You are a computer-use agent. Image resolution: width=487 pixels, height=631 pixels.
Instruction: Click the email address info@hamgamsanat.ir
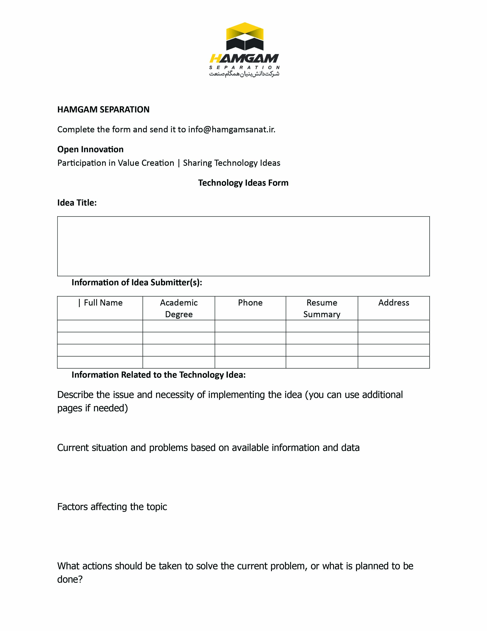coord(231,129)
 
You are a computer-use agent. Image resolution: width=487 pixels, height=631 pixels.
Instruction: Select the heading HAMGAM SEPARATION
coord(103,110)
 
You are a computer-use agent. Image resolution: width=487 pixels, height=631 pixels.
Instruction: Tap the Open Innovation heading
coord(90,149)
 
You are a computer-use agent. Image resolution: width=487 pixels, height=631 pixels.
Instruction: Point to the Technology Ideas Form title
coord(243,183)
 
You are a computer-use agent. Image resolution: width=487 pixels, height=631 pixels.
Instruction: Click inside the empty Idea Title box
coord(243,246)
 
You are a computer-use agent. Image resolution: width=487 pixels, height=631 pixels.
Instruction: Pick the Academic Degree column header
coord(179,308)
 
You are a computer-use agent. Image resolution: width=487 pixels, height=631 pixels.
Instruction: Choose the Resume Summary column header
coord(322,308)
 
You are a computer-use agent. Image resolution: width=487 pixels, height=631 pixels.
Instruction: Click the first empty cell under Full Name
coord(100,326)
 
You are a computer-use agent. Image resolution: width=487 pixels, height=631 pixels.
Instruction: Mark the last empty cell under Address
coord(394,362)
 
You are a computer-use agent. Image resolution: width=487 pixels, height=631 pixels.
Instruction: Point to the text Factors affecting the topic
coord(112,507)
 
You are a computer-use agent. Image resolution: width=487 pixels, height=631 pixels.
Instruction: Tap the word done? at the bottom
coord(70,579)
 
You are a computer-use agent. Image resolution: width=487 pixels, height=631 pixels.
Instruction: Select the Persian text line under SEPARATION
coord(244,74)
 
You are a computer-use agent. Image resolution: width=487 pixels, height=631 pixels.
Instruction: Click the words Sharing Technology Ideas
coord(231,163)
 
